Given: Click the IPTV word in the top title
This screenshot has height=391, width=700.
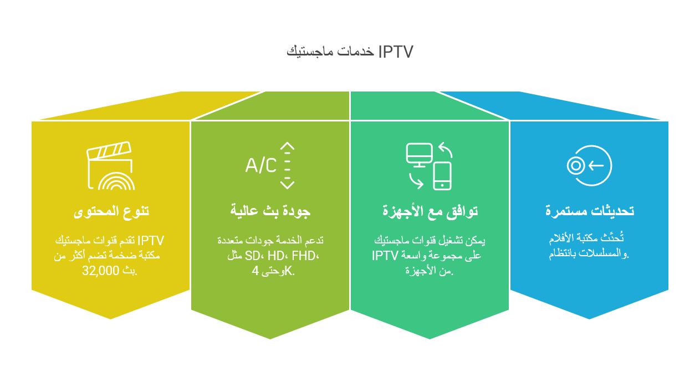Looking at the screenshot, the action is click(396, 52).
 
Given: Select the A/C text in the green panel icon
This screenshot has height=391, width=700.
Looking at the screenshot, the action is click(261, 165).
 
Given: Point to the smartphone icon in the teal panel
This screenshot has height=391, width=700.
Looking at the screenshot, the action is click(442, 176).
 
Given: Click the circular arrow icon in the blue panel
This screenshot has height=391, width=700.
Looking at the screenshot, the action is click(589, 165).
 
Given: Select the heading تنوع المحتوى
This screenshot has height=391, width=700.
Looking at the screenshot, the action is click(111, 211).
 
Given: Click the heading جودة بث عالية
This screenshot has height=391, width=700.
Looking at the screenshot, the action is click(270, 211).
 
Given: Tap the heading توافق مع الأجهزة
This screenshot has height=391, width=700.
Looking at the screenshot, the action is click(430, 211).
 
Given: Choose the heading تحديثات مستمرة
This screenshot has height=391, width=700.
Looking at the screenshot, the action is click(590, 211).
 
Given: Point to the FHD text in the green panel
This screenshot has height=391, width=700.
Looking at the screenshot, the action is click(303, 256).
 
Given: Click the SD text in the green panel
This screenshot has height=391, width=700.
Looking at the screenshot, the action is click(253, 256).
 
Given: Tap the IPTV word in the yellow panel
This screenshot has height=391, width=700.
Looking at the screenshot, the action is click(151, 241).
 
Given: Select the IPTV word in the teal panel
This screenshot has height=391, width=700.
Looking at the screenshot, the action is click(385, 256).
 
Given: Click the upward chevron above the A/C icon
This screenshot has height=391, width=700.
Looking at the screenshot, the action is click(287, 146).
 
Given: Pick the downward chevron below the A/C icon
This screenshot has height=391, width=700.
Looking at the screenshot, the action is click(287, 185).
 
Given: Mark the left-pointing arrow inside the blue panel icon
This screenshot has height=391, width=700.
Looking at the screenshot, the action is click(596, 165).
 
